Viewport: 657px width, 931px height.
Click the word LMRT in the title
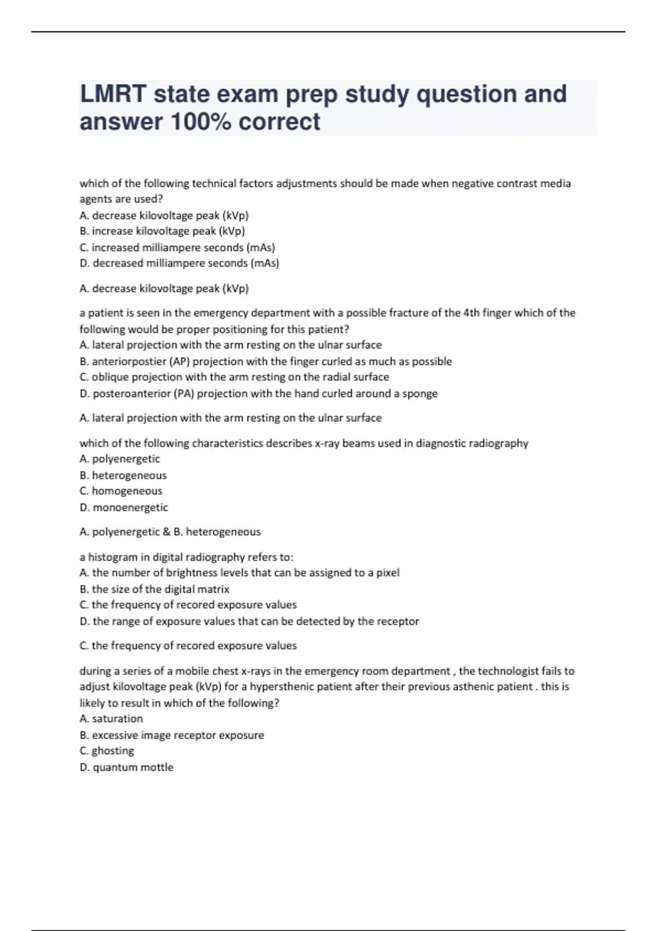[113, 94]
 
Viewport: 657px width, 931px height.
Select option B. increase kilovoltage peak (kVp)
[162, 231]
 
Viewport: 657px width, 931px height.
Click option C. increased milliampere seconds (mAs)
[177, 248]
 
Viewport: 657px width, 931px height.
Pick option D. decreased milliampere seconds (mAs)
[179, 263]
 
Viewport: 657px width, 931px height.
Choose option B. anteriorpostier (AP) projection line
[266, 361]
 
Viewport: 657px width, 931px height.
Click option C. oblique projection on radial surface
[234, 377]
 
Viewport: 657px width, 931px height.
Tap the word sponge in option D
[420, 394]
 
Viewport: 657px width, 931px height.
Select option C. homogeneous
[121, 491]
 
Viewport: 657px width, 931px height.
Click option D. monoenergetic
[124, 508]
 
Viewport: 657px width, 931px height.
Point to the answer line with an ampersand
[170, 532]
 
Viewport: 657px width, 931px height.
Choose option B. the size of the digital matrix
[154, 589]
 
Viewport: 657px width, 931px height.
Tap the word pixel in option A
[388, 573]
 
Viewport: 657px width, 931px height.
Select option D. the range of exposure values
[249, 622]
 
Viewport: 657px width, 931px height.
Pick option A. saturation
[111, 719]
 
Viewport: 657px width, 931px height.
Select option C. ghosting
[107, 751]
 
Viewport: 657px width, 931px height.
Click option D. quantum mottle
[126, 767]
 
